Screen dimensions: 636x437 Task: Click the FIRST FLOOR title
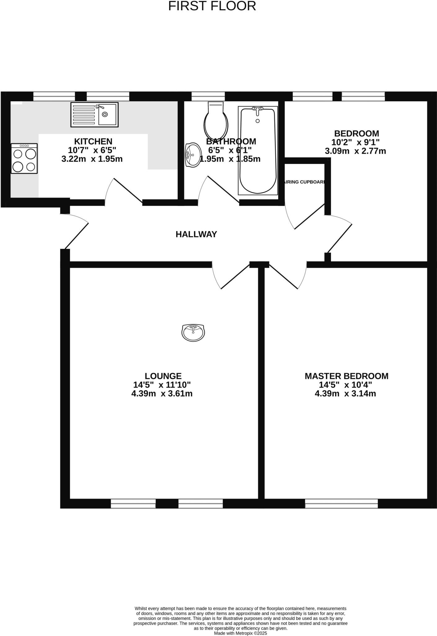pos(212,6)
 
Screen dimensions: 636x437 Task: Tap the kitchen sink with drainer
pos(94,115)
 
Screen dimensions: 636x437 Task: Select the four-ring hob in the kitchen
pos(24,158)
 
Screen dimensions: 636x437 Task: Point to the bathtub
pos(257,151)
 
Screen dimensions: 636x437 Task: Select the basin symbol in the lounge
pos(193,333)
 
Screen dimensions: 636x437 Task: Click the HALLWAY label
pos(196,234)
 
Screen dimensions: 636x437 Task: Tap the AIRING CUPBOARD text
pos(305,182)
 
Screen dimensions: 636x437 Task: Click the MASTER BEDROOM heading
pos(346,376)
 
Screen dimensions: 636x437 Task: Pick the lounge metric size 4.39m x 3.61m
pos(162,394)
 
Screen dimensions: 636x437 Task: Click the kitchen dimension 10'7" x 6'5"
pos(92,150)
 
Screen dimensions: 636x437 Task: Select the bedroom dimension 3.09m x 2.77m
pos(355,151)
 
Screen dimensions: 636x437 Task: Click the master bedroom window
pos(341,504)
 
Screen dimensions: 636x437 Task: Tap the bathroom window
pos(208,96)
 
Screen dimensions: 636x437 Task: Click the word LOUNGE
pos(163,376)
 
